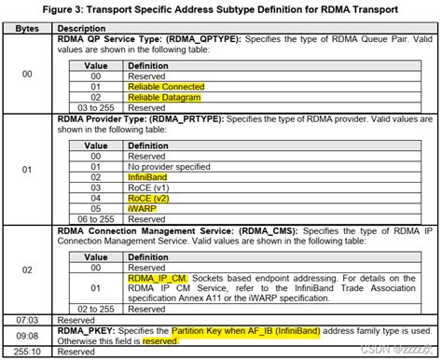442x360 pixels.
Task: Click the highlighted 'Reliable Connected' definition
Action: click(165, 86)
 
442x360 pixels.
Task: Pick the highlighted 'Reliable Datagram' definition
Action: click(164, 97)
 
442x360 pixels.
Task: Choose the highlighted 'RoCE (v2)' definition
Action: click(150, 198)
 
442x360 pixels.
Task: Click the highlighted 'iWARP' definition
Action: click(144, 209)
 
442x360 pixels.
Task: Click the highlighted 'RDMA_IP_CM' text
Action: click(157, 277)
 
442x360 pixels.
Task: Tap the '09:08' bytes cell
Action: click(28, 335)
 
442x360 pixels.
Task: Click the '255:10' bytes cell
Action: click(28, 352)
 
